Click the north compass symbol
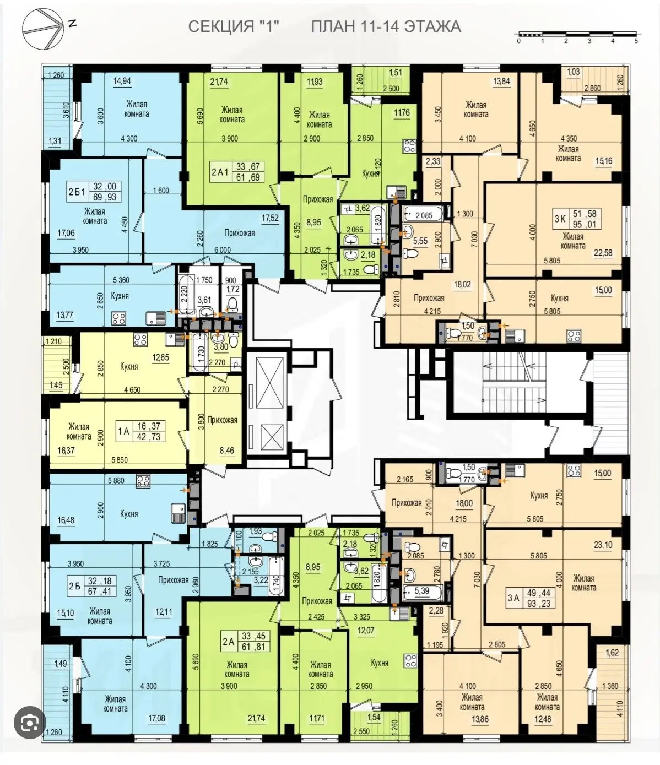42,29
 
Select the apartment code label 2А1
220,172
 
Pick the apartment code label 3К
560,219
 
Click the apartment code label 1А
123,431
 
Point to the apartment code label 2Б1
77,192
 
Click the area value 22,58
603,253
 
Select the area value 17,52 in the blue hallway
270,218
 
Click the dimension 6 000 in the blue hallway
223,250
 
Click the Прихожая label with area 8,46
222,420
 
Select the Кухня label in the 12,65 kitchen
129,366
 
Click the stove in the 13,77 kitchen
119,319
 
